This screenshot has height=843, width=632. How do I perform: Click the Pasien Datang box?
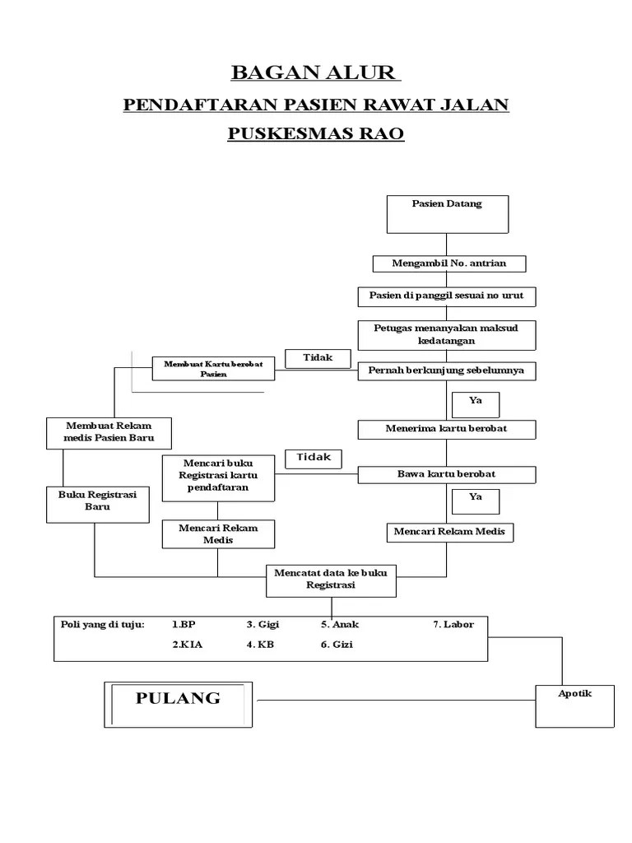pyautogui.click(x=447, y=214)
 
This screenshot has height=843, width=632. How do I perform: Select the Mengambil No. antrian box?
pyautogui.click(x=448, y=263)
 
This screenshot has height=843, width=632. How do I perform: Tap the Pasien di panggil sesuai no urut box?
pyautogui.click(x=447, y=296)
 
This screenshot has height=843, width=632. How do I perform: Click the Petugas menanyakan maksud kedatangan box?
pyautogui.click(x=447, y=334)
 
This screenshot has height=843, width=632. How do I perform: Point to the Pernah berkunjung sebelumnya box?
pyautogui.click(x=447, y=371)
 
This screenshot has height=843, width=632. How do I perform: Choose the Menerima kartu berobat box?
pyautogui.click(x=447, y=429)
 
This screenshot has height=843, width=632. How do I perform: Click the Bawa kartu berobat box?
pyautogui.click(x=447, y=474)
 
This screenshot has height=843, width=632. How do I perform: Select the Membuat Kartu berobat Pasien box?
pyautogui.click(x=213, y=369)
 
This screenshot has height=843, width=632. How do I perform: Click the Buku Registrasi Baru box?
pyautogui.click(x=97, y=504)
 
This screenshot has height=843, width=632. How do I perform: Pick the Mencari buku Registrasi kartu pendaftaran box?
pyautogui.click(x=217, y=477)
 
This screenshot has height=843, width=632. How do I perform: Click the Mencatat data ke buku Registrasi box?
pyautogui.click(x=331, y=580)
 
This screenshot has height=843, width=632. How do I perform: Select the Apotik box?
pyautogui.click(x=574, y=706)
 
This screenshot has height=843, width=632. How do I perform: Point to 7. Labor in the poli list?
pyautogui.click(x=453, y=625)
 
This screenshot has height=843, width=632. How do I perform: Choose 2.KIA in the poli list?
pyautogui.click(x=187, y=645)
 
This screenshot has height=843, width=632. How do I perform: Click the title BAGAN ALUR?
pyautogui.click(x=315, y=72)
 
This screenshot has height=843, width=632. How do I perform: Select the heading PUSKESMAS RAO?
pyautogui.click(x=315, y=133)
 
